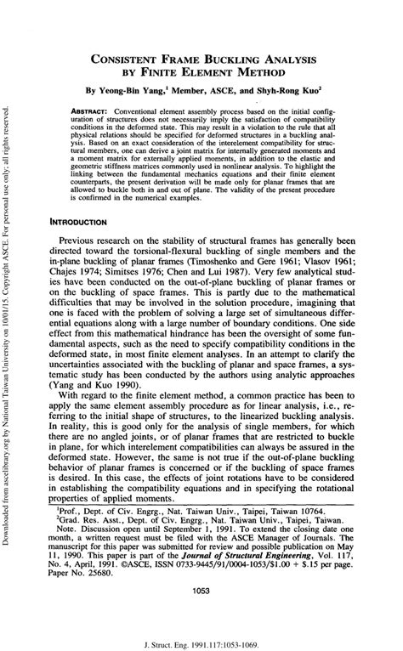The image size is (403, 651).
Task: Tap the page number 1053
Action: pyautogui.click(x=201, y=588)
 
